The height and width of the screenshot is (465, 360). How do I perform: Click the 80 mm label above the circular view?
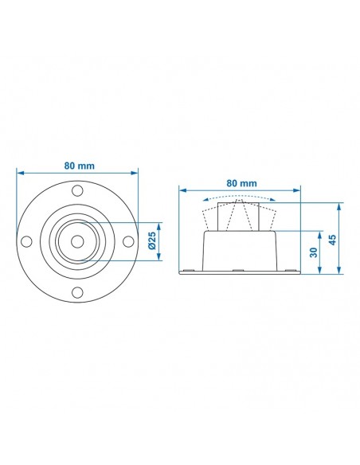click(x=78, y=165)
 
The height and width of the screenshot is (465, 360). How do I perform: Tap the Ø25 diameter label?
click(x=152, y=240)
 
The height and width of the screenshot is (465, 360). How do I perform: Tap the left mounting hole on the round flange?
click(x=27, y=241)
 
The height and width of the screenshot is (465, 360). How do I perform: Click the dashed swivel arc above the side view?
click(x=240, y=195)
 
